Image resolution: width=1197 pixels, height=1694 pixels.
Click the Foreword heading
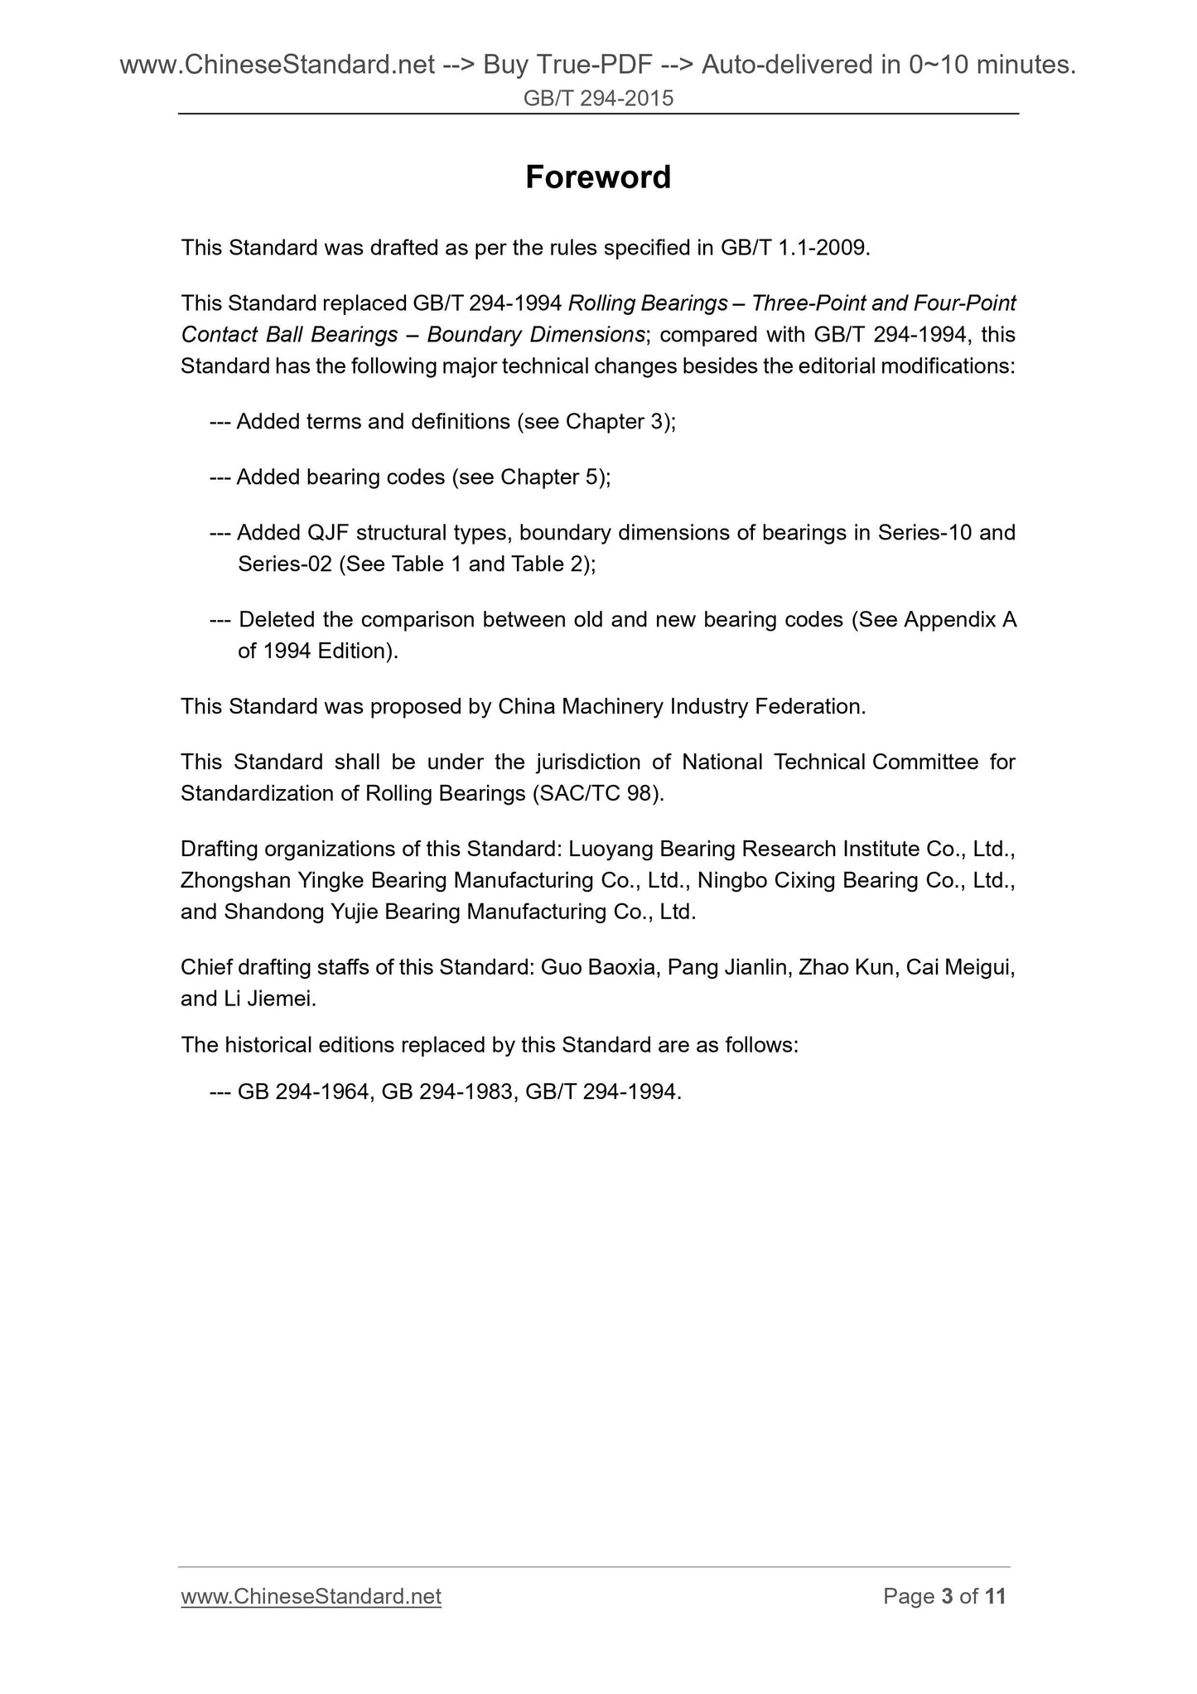598,177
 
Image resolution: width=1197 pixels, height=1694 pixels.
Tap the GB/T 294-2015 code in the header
598,99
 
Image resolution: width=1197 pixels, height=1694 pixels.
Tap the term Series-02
284,564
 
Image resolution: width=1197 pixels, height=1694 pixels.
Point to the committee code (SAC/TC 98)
596,794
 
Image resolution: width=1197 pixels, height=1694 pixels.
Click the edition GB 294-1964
304,1092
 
